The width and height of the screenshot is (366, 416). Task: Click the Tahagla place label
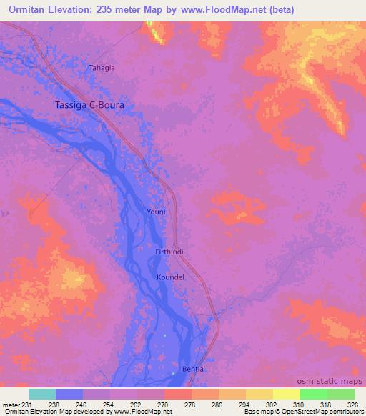point(102,68)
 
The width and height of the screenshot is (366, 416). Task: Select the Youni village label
point(156,212)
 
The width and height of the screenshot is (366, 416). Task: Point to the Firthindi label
point(170,252)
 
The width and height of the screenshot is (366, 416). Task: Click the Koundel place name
point(171,277)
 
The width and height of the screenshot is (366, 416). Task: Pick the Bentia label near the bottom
point(193,369)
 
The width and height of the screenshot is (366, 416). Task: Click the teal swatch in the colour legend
point(42,394)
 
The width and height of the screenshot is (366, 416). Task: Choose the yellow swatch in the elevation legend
point(286,394)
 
